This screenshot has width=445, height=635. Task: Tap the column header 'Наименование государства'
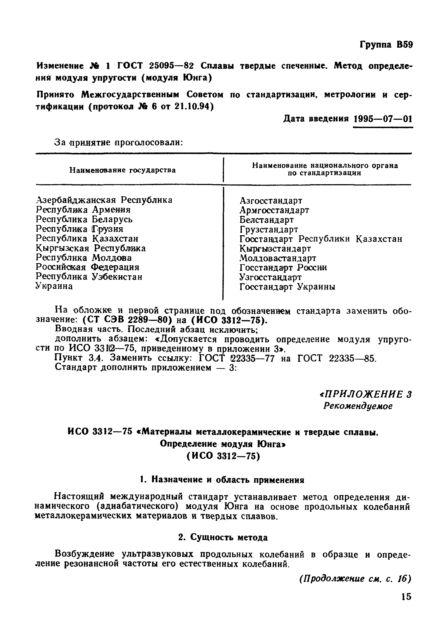(x=122, y=170)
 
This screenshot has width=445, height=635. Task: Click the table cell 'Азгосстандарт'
(x=271, y=201)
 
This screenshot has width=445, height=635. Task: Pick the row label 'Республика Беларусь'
(x=84, y=219)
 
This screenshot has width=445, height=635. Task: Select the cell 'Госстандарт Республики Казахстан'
(x=321, y=239)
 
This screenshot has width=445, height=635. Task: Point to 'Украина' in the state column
(x=54, y=286)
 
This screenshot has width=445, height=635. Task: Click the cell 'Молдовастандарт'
(x=277, y=258)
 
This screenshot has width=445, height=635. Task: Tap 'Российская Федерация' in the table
(x=87, y=267)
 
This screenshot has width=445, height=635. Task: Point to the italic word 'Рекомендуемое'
(x=358, y=406)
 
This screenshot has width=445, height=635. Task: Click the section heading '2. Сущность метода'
(x=223, y=537)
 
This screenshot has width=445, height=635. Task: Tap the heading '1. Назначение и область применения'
(x=222, y=480)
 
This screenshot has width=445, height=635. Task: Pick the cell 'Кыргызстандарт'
(x=275, y=248)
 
